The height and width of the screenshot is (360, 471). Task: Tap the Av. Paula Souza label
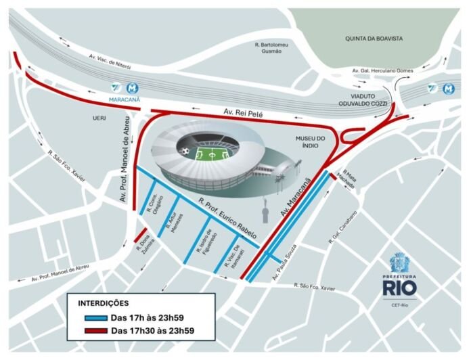click(x=282, y=265)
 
